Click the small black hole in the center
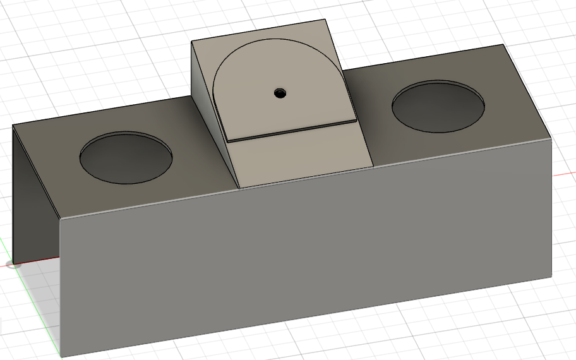click(x=279, y=93)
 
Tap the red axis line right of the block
click(x=565, y=173)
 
